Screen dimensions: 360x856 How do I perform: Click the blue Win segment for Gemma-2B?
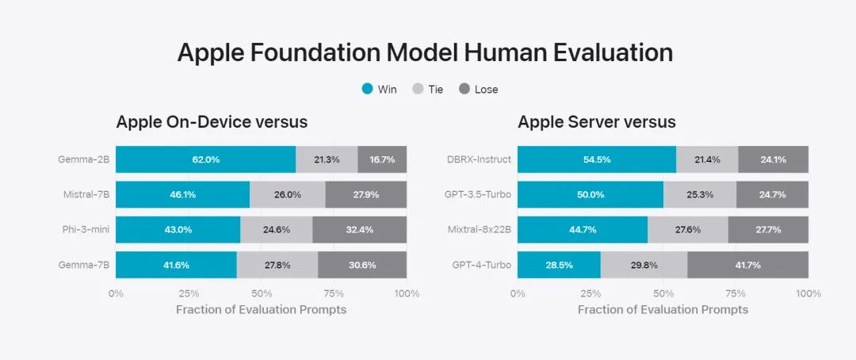pos(205,159)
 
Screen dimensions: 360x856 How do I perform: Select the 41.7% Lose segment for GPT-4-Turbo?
pos(747,264)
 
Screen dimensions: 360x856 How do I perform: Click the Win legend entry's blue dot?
pos(367,90)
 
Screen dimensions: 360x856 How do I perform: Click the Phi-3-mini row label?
pos(86,229)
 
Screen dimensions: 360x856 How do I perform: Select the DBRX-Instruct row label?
pos(479,159)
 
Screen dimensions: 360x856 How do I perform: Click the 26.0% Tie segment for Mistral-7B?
pos(287,194)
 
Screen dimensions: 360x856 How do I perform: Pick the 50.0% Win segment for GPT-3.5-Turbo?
pos(590,194)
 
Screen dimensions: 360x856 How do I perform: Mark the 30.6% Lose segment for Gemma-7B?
pos(362,264)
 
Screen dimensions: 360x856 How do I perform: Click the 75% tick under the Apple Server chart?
pos(736,293)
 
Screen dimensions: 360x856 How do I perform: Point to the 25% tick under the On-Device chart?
pos(189,293)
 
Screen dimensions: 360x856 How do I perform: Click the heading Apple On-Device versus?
pos(212,122)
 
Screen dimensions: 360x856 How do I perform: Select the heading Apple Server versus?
pos(596,122)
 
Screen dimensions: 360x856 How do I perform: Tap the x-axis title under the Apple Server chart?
pos(663,309)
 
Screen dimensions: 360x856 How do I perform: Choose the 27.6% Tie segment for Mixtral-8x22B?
pos(687,229)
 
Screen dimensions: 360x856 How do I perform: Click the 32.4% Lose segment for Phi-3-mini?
pos(359,229)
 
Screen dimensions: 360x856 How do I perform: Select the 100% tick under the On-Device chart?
pos(407,293)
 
